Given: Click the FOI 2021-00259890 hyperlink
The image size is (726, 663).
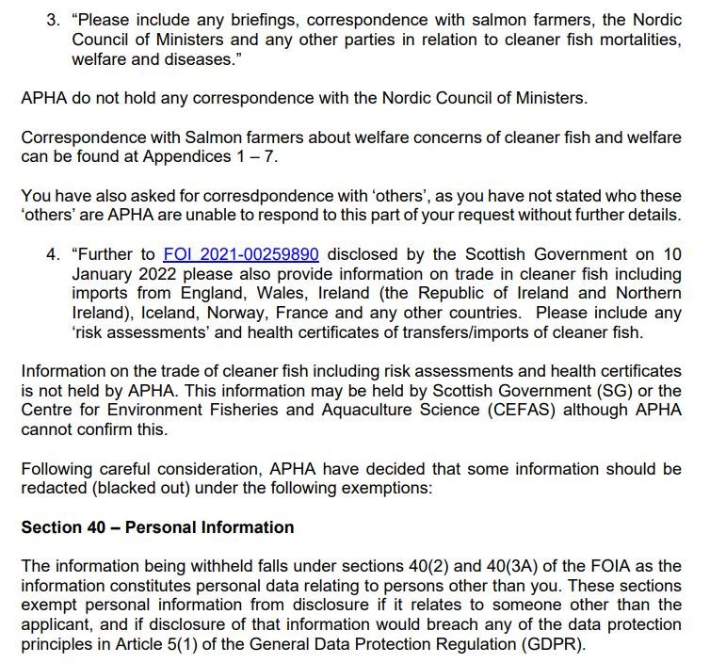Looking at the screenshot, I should pos(241,254).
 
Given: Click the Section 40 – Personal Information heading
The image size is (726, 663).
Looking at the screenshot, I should pos(157,527).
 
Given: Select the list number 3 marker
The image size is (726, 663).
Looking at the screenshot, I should pos(53,20).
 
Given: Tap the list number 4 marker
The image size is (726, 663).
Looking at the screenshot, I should pos(53,254).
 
